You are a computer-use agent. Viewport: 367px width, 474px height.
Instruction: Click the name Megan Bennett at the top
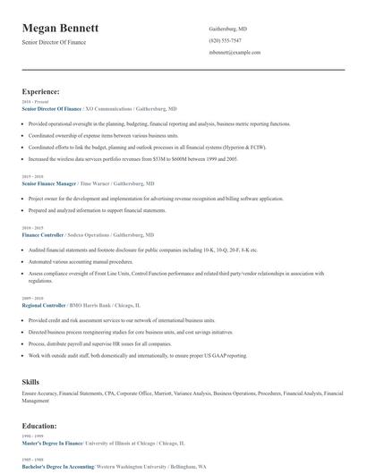point(61,29)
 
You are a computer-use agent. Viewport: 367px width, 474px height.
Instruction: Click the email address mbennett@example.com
point(235,53)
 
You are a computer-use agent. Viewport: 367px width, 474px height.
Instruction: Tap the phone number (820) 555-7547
point(225,41)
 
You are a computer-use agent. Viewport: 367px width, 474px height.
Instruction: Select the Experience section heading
point(40,91)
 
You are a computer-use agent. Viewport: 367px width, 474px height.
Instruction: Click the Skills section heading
point(30,382)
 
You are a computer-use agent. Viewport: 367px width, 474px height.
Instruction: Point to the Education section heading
point(39,426)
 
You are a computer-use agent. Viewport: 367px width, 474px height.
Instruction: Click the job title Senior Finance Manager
point(53,182)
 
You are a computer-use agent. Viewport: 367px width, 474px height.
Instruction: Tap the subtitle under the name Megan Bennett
point(57,43)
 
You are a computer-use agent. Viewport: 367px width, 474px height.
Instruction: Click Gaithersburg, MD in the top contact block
point(227,29)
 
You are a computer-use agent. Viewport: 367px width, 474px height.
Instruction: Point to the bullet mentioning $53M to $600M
point(132,157)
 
